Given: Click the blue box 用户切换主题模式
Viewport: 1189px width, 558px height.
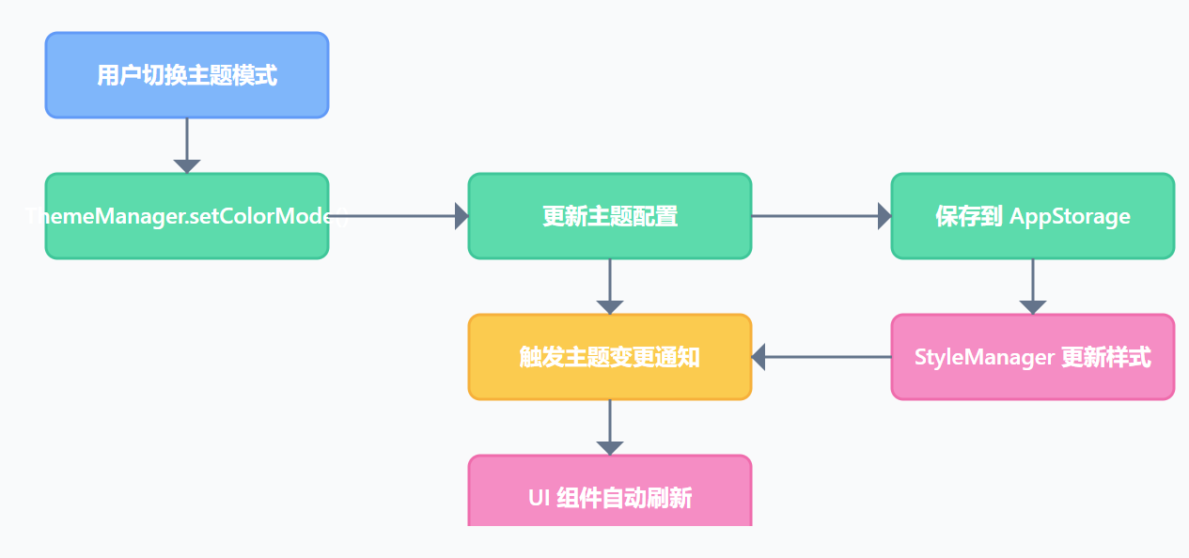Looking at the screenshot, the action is tap(187, 75).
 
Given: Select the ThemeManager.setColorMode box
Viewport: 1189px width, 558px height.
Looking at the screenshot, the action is tap(187, 216).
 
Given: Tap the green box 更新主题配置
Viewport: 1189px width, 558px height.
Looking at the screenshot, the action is tap(610, 216).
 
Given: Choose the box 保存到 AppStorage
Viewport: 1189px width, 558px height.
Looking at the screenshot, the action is tap(1033, 216).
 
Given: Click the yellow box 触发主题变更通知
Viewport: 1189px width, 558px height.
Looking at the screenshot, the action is tap(610, 357).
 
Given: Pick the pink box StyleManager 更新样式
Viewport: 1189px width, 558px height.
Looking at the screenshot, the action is tap(1033, 357).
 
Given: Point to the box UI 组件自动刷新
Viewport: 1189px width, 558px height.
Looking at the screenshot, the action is tap(610, 493).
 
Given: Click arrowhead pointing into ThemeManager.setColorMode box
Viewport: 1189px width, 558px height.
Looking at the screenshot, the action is tap(187, 166).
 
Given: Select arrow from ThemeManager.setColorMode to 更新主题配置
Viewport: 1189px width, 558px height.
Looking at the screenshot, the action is tap(399, 216).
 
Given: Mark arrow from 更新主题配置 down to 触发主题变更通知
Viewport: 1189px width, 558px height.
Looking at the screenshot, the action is tap(610, 286).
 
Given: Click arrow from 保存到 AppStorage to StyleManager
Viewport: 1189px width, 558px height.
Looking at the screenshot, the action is tap(1033, 286).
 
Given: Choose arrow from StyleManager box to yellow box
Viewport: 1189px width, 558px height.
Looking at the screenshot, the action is tap(822, 357).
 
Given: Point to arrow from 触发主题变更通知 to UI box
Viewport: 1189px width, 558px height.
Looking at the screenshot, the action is tap(610, 426).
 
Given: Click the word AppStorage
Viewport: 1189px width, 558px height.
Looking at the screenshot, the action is tap(1070, 217).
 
